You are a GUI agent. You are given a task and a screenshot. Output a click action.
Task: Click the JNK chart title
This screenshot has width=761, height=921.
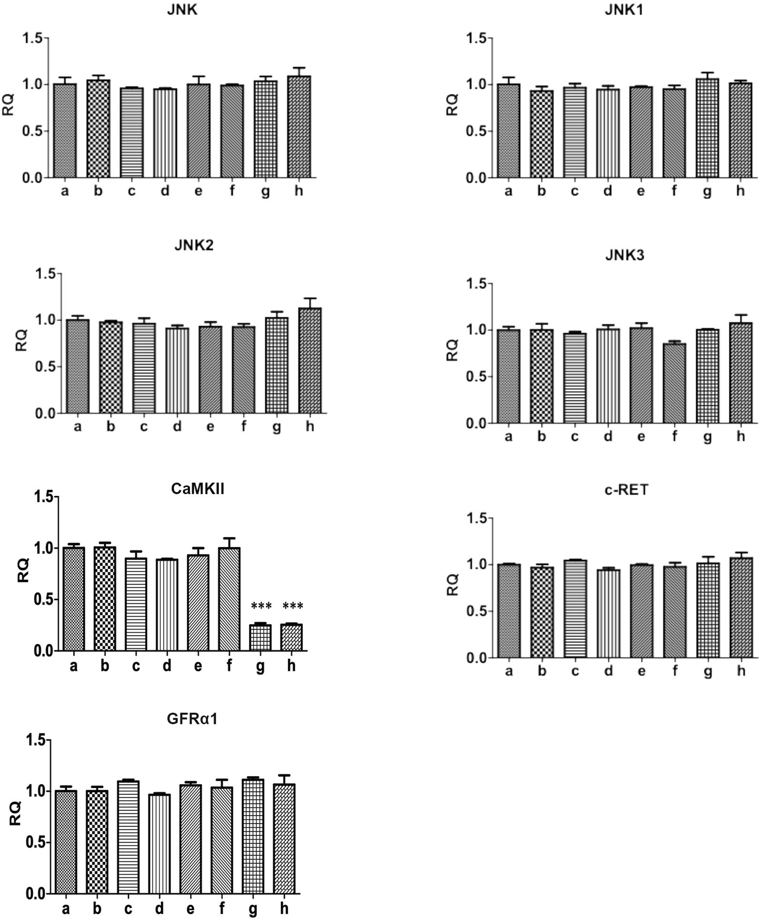[x=182, y=10]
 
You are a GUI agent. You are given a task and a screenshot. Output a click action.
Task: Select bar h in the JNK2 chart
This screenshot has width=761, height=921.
[x=310, y=360]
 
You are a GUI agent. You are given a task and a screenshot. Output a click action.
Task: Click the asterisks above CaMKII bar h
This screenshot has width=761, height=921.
[x=292, y=606]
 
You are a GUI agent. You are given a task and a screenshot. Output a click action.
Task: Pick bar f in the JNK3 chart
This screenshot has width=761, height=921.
[x=674, y=383]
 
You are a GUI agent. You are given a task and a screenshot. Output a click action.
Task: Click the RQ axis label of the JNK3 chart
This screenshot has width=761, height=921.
[x=453, y=350]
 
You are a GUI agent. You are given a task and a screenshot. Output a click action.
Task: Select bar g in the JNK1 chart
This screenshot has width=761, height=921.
[x=707, y=128]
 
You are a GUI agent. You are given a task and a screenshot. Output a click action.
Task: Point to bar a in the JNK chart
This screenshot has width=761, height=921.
[x=65, y=131]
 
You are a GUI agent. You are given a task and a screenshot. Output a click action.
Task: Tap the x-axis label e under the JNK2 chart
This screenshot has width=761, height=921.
[x=210, y=427]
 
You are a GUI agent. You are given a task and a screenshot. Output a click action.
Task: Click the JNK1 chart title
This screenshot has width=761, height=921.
[x=624, y=10]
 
